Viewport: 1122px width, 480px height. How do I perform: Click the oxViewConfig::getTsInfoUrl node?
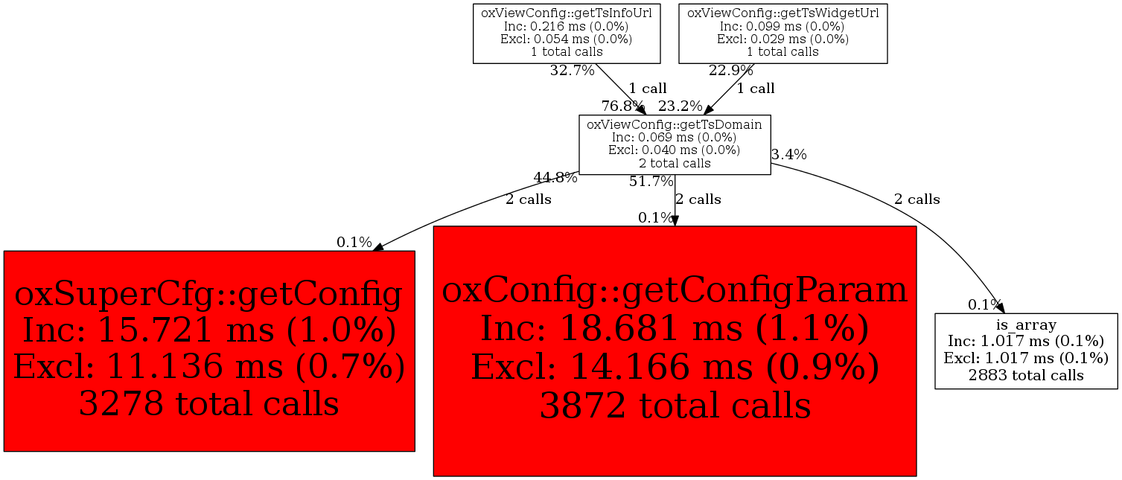pyautogui.click(x=567, y=33)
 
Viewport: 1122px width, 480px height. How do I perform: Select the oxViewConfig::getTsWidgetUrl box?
pyautogui.click(x=783, y=33)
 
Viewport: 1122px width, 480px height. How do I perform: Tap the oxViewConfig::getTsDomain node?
pyautogui.click(x=675, y=144)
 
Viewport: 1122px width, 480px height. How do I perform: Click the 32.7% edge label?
pyautogui.click(x=572, y=71)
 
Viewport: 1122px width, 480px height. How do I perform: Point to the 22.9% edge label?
pyautogui.click(x=731, y=71)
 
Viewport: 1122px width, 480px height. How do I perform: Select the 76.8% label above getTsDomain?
pyautogui.click(x=623, y=106)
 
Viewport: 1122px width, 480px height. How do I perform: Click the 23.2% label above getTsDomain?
pyautogui.click(x=680, y=106)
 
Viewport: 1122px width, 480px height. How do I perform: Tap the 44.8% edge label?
pyautogui.click(x=555, y=178)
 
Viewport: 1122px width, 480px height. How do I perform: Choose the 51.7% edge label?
pyautogui.click(x=651, y=182)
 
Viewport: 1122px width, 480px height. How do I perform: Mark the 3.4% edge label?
pyautogui.click(x=789, y=155)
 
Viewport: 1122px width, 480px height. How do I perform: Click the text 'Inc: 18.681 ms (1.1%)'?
pyautogui.click(x=675, y=328)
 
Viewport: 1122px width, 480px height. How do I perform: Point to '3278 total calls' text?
pyautogui.click(x=209, y=403)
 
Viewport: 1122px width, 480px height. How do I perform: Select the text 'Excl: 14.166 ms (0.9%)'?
pyautogui.click(x=675, y=366)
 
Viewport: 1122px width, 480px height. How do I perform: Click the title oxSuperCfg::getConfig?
pyautogui.click(x=209, y=293)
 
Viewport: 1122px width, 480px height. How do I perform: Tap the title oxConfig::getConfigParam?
pyautogui.click(x=675, y=290)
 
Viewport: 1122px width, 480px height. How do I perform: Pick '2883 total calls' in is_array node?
pyautogui.click(x=1026, y=375)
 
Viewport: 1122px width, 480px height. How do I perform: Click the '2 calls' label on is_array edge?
pyautogui.click(x=917, y=199)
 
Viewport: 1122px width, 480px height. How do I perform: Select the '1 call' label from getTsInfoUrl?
pyautogui.click(x=648, y=89)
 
